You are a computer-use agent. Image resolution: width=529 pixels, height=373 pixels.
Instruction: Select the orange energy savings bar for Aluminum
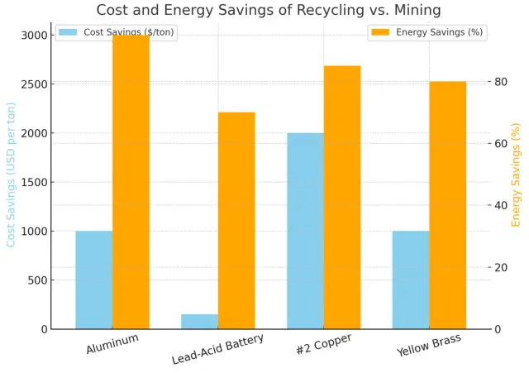[x=131, y=182]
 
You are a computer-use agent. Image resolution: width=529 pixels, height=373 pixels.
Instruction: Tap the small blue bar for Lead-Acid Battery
[x=199, y=321]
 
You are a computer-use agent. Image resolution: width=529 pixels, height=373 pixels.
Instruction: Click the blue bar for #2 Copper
[x=305, y=231]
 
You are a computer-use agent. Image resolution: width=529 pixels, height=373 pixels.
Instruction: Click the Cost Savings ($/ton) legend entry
[x=117, y=32]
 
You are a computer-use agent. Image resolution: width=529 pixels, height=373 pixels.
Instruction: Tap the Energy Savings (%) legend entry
[x=427, y=32]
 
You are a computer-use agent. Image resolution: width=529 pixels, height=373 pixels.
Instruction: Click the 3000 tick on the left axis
[x=33, y=36]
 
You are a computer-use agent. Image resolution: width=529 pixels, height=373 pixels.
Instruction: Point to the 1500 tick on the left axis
[x=33, y=182]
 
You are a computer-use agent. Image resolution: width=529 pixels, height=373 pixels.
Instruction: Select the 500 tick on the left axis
[x=36, y=280]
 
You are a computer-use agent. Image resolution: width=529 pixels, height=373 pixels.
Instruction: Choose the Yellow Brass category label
[x=428, y=345]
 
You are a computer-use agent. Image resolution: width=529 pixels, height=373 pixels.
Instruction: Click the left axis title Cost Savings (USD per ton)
[x=12, y=175]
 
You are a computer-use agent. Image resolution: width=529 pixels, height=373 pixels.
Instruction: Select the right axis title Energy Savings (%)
[x=517, y=175]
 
